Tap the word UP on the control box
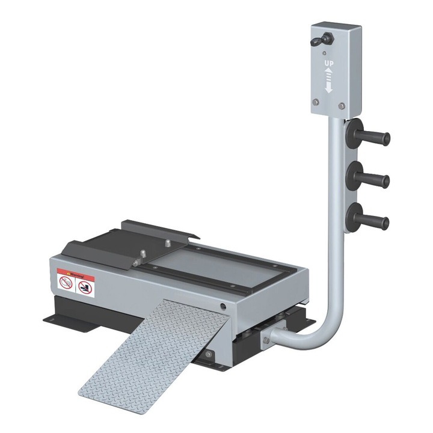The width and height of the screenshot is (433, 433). click(x=329, y=63)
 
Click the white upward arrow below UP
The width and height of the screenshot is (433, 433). click(x=329, y=72)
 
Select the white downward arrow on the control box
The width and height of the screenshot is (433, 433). click(x=329, y=87)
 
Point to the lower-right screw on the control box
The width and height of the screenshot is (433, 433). click(x=342, y=106)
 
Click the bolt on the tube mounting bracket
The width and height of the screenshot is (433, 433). click(x=266, y=340)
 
